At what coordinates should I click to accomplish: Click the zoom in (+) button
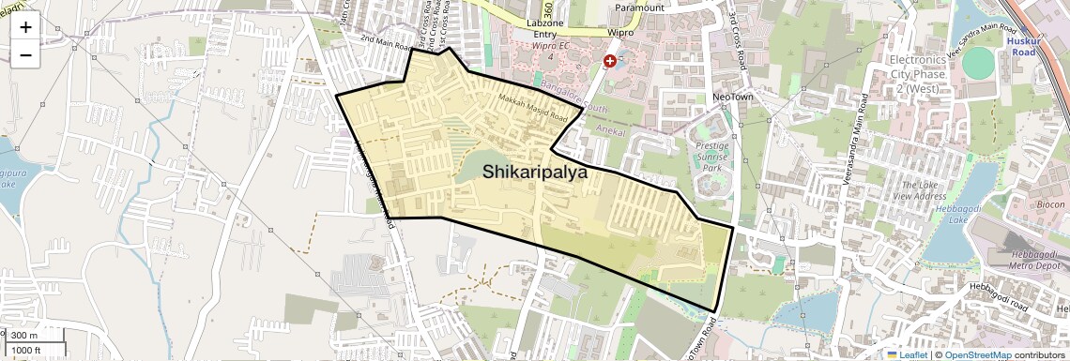coord(25,27)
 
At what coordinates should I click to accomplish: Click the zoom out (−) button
coord(25,54)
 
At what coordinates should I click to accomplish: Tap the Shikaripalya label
coord(535,173)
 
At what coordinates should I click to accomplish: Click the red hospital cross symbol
coord(610,61)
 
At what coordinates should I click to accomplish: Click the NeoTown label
coord(734,98)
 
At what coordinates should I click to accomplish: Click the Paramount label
coord(639,8)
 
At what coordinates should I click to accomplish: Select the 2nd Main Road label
coord(386,43)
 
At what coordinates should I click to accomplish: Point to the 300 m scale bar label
coord(24,336)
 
